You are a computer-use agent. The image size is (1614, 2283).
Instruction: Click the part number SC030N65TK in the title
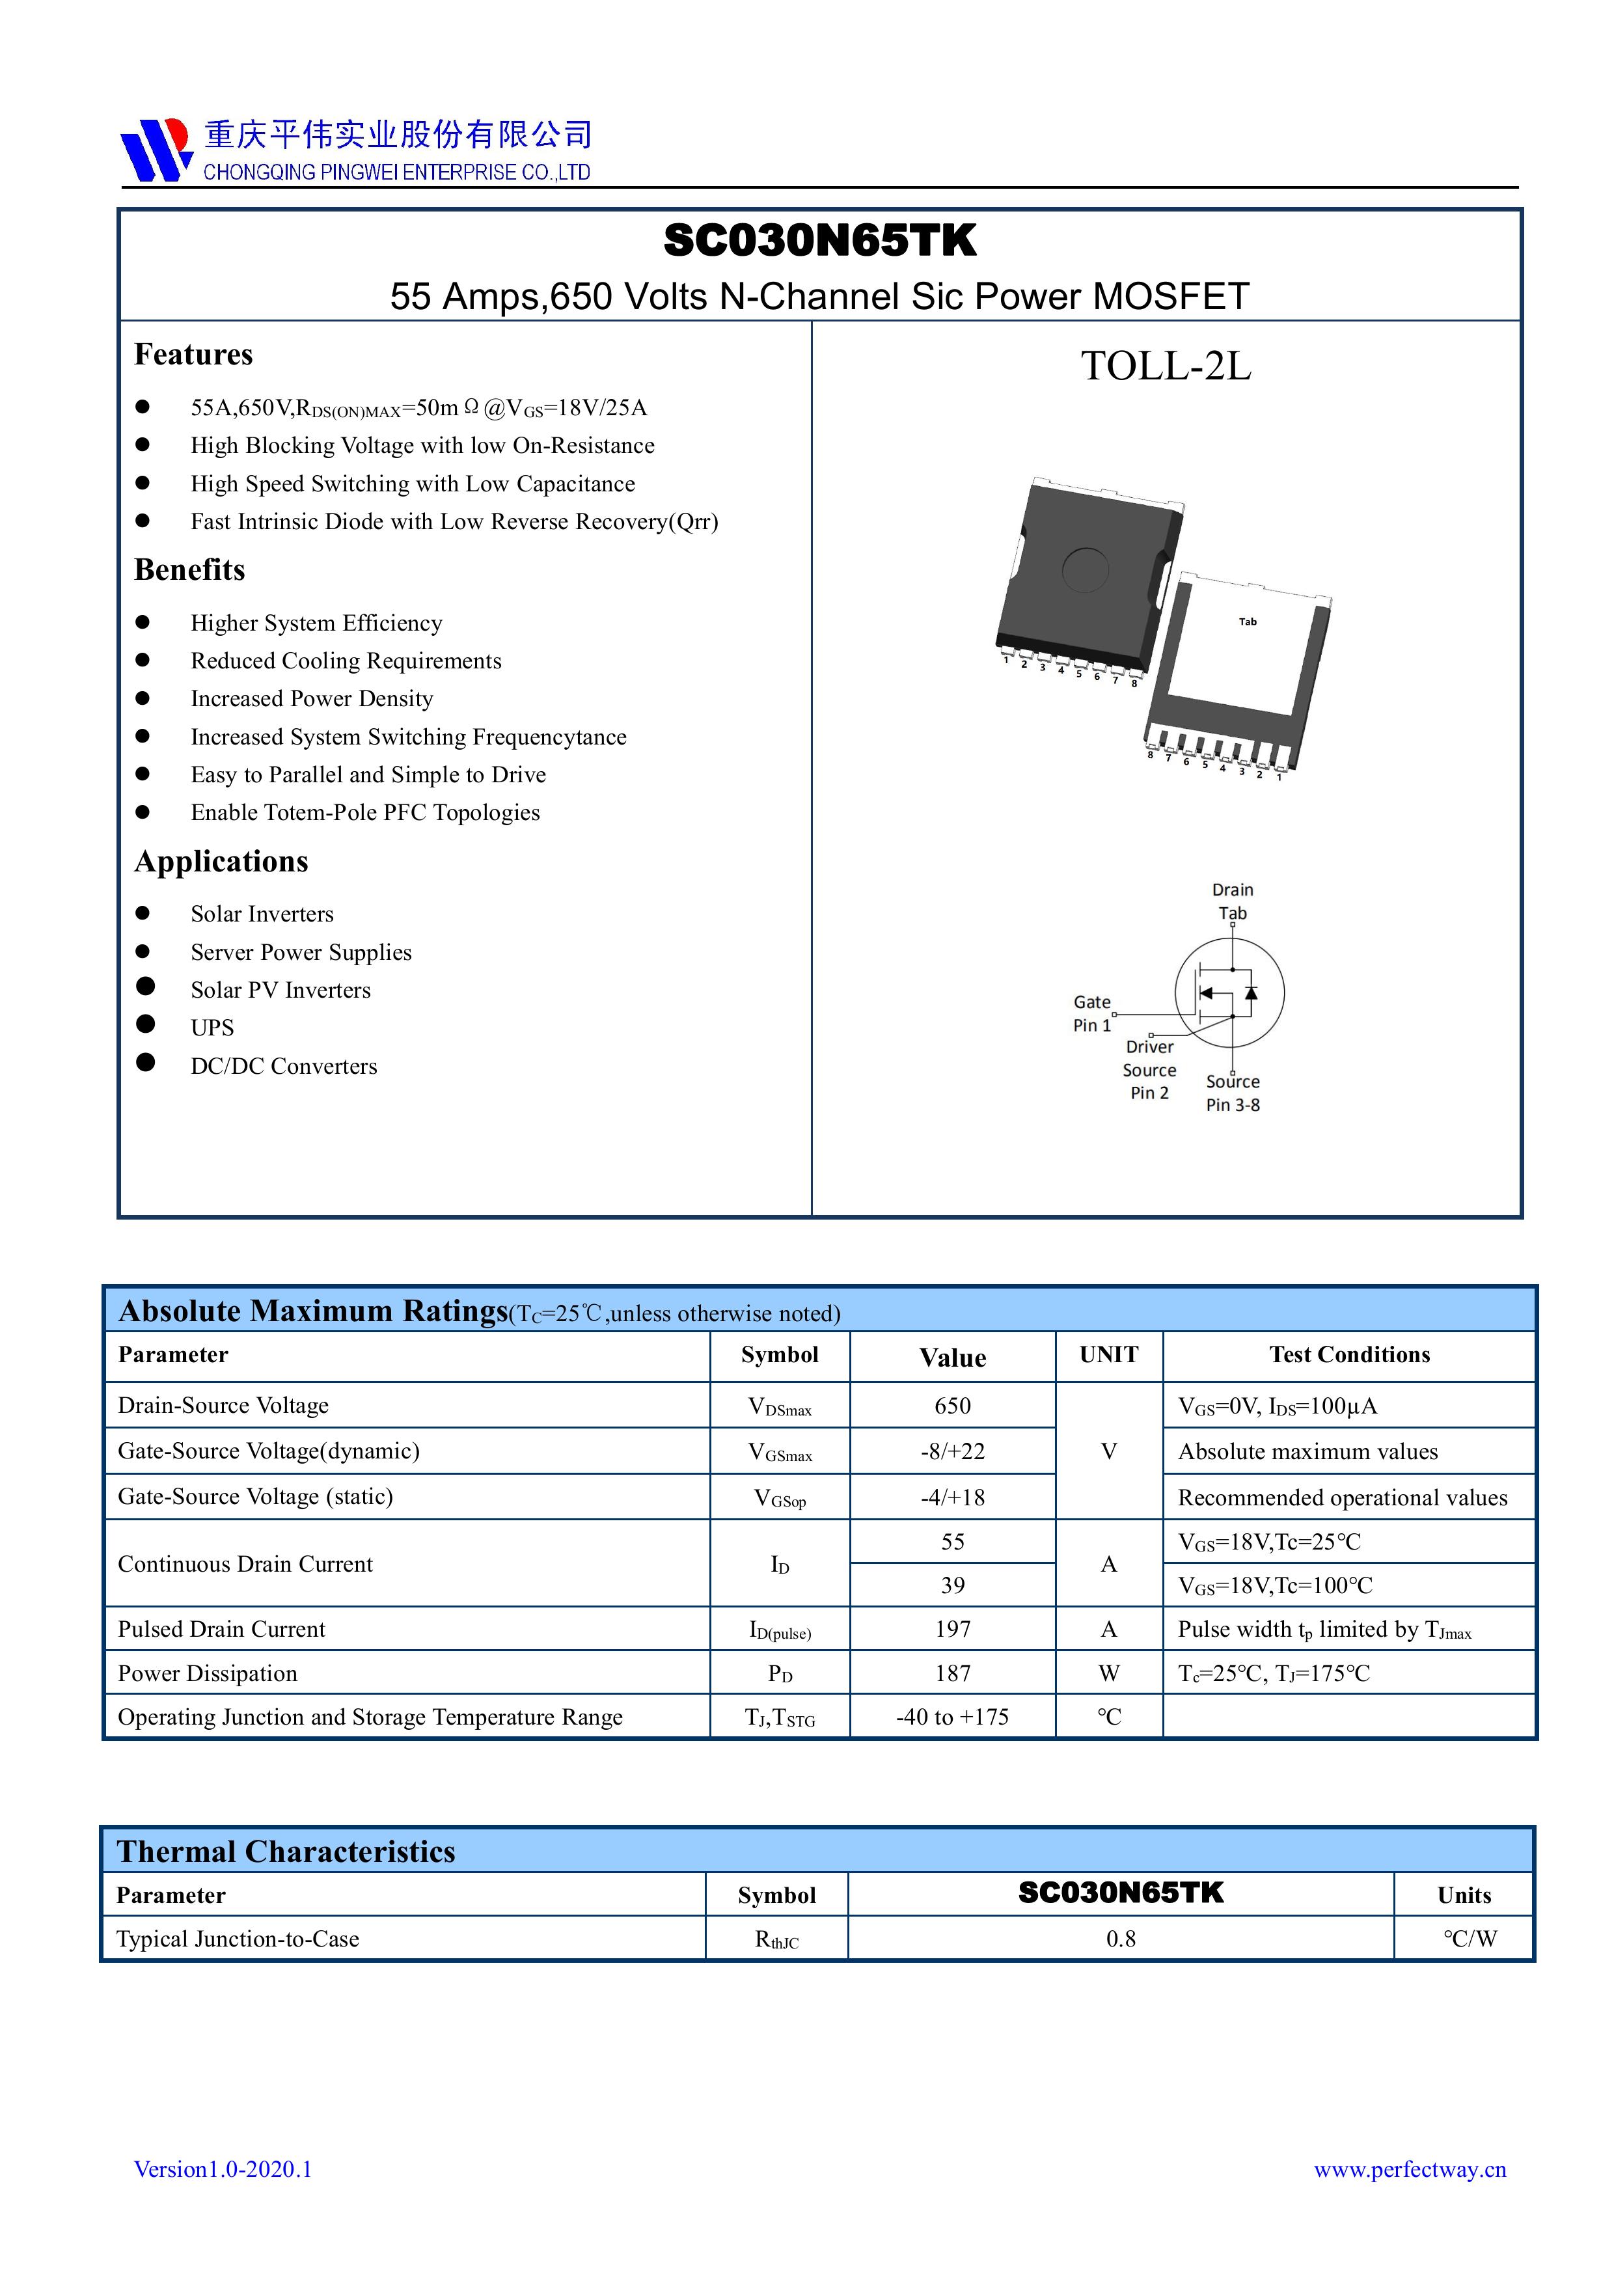(819, 241)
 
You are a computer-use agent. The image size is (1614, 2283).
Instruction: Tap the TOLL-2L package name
(1166, 366)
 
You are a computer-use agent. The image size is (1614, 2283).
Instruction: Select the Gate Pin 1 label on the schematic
(1092, 1013)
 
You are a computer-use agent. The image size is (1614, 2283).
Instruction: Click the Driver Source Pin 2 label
(1149, 1070)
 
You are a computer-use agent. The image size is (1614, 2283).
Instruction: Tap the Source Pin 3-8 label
(1233, 1093)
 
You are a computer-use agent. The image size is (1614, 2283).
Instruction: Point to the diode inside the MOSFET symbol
(1251, 992)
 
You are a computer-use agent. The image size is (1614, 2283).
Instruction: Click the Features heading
(194, 355)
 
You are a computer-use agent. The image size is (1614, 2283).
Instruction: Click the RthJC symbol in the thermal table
(776, 1939)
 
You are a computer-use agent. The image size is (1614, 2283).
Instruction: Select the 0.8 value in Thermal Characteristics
(1121, 1939)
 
